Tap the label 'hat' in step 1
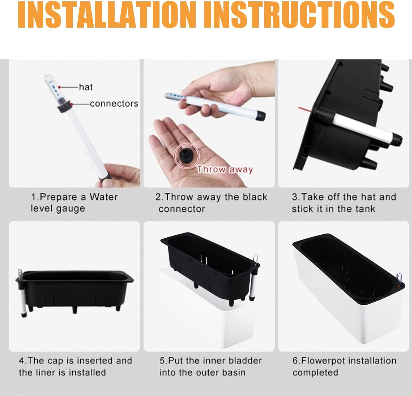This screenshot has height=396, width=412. click(x=86, y=87)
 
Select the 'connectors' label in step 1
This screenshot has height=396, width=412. click(x=114, y=104)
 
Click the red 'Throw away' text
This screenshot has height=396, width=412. click(x=225, y=169)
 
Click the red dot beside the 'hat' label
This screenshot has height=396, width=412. click(x=60, y=87)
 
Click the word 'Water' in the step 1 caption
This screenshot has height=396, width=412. click(x=103, y=197)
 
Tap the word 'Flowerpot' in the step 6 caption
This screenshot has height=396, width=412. click(x=323, y=361)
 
